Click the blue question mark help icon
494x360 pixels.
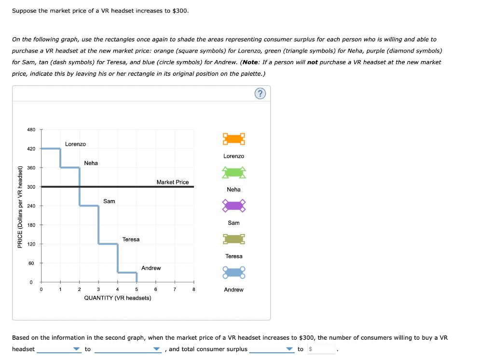(260, 94)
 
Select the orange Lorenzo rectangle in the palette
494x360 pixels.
(234, 139)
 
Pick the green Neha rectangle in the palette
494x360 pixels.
(234, 172)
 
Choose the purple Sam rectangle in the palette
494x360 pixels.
(234, 206)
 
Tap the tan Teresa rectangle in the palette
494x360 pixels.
(234, 239)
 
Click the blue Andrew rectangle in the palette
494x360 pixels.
(234, 272)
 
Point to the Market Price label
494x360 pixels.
(173, 182)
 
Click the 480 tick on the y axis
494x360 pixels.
(31, 130)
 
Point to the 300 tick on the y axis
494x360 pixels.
(31, 187)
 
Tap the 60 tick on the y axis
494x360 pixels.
(31, 263)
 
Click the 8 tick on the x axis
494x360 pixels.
(193, 290)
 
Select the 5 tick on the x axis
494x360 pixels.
(137, 290)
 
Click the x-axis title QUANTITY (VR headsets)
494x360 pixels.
(117, 298)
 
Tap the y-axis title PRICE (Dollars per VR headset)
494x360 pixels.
(20, 207)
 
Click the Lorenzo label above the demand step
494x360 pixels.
(75, 144)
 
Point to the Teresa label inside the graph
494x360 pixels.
(131, 239)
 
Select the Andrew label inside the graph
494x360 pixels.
(151, 268)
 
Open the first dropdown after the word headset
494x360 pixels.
(59, 349)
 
